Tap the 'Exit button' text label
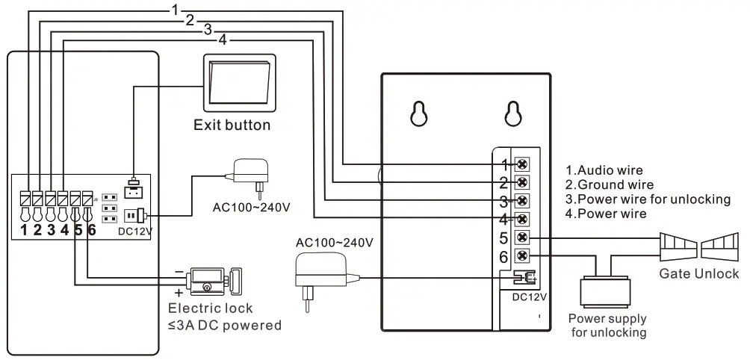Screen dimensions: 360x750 232,125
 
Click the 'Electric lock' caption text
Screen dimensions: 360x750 211,308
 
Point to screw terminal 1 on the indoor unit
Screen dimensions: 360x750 523,164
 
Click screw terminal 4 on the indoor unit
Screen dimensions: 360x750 523,219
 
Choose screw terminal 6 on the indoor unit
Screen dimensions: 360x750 523,255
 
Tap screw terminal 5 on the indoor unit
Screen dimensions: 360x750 523,238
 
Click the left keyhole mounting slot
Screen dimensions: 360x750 419,113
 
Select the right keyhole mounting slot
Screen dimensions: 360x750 512,113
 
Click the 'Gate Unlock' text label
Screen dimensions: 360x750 698,273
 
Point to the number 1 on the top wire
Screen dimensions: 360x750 173,10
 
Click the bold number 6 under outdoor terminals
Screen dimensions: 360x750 92,230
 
